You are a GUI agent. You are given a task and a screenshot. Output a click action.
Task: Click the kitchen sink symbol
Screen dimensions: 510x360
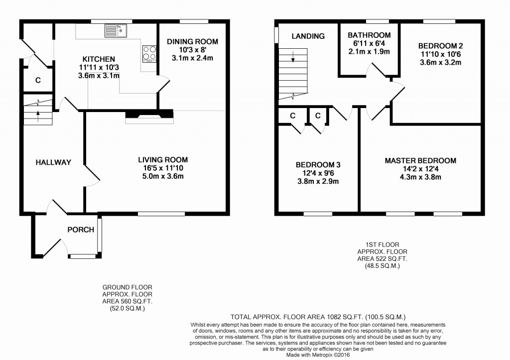(116, 31)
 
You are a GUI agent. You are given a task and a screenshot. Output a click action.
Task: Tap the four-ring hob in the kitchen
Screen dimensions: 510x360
(149, 54)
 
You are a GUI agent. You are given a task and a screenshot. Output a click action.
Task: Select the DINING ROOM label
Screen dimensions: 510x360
(193, 42)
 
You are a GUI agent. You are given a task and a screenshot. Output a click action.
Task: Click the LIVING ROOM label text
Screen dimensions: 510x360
(163, 160)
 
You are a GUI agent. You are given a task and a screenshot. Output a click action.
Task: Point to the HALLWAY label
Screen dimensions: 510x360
(53, 162)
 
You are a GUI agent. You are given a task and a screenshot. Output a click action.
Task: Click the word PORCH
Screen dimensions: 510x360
(81, 230)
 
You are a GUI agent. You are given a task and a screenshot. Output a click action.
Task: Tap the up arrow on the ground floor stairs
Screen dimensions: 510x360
(38, 116)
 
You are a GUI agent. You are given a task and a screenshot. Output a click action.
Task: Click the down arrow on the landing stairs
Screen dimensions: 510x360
(293, 57)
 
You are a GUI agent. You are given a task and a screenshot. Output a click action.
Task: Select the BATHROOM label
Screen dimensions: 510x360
(369, 35)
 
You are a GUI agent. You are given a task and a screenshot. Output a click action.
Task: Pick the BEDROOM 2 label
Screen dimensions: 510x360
(440, 46)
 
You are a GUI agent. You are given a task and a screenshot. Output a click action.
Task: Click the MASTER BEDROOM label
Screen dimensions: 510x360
(420, 161)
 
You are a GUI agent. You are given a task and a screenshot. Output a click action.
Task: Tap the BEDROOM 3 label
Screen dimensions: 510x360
(318, 165)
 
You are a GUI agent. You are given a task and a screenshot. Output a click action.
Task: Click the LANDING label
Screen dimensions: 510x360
(308, 36)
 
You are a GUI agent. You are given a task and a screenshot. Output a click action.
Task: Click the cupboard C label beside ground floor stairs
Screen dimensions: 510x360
(38, 80)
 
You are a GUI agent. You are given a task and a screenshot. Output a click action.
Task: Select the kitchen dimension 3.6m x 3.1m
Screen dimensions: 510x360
(99, 76)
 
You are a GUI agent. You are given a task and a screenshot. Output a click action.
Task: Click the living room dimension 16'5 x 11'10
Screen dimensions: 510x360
(163, 168)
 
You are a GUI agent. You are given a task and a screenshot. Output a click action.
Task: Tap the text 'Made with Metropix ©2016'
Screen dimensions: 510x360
(318, 355)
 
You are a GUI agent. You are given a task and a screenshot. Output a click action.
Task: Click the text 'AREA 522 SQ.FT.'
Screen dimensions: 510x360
(382, 259)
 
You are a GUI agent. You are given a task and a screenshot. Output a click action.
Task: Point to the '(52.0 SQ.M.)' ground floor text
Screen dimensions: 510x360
(127, 309)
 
